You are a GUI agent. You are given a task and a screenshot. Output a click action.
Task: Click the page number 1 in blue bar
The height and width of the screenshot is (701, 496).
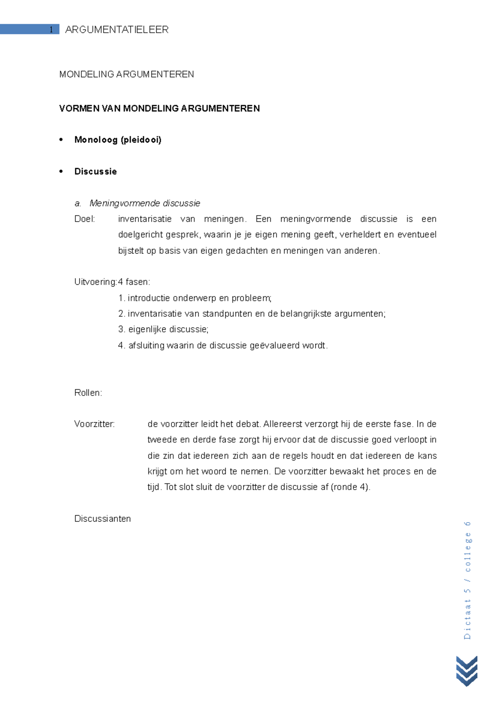point(51,29)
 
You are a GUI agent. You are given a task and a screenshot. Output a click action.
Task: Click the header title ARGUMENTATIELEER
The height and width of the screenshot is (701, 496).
point(117,29)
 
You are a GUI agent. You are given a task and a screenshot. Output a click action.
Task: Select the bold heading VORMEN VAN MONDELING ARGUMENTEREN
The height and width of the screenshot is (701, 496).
point(159,108)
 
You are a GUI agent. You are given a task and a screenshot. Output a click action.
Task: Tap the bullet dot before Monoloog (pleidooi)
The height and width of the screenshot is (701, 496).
point(61,140)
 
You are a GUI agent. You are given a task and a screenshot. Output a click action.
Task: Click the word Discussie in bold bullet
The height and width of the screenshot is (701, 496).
point(95,171)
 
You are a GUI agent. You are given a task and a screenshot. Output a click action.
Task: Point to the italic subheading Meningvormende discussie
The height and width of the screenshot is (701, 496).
point(145,203)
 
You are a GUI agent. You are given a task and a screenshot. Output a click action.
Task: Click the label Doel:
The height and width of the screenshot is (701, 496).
point(85,219)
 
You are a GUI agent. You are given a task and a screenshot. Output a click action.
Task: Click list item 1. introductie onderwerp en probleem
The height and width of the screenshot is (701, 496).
point(195,298)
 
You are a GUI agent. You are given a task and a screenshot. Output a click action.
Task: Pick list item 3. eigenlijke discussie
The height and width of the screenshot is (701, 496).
point(163,329)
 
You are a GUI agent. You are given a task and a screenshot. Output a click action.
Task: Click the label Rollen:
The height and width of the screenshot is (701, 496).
point(88,393)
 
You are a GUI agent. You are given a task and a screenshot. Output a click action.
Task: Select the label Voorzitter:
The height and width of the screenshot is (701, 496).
point(94,424)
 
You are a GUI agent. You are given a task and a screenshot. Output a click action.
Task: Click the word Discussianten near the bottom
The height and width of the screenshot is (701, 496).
point(103,519)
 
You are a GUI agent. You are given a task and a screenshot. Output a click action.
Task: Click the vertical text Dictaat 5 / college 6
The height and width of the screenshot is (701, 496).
point(467,580)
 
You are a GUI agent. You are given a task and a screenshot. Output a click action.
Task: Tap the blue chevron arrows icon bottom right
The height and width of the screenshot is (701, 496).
point(467,670)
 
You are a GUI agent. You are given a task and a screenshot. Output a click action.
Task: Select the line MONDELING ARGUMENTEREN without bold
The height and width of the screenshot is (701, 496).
point(126,74)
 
